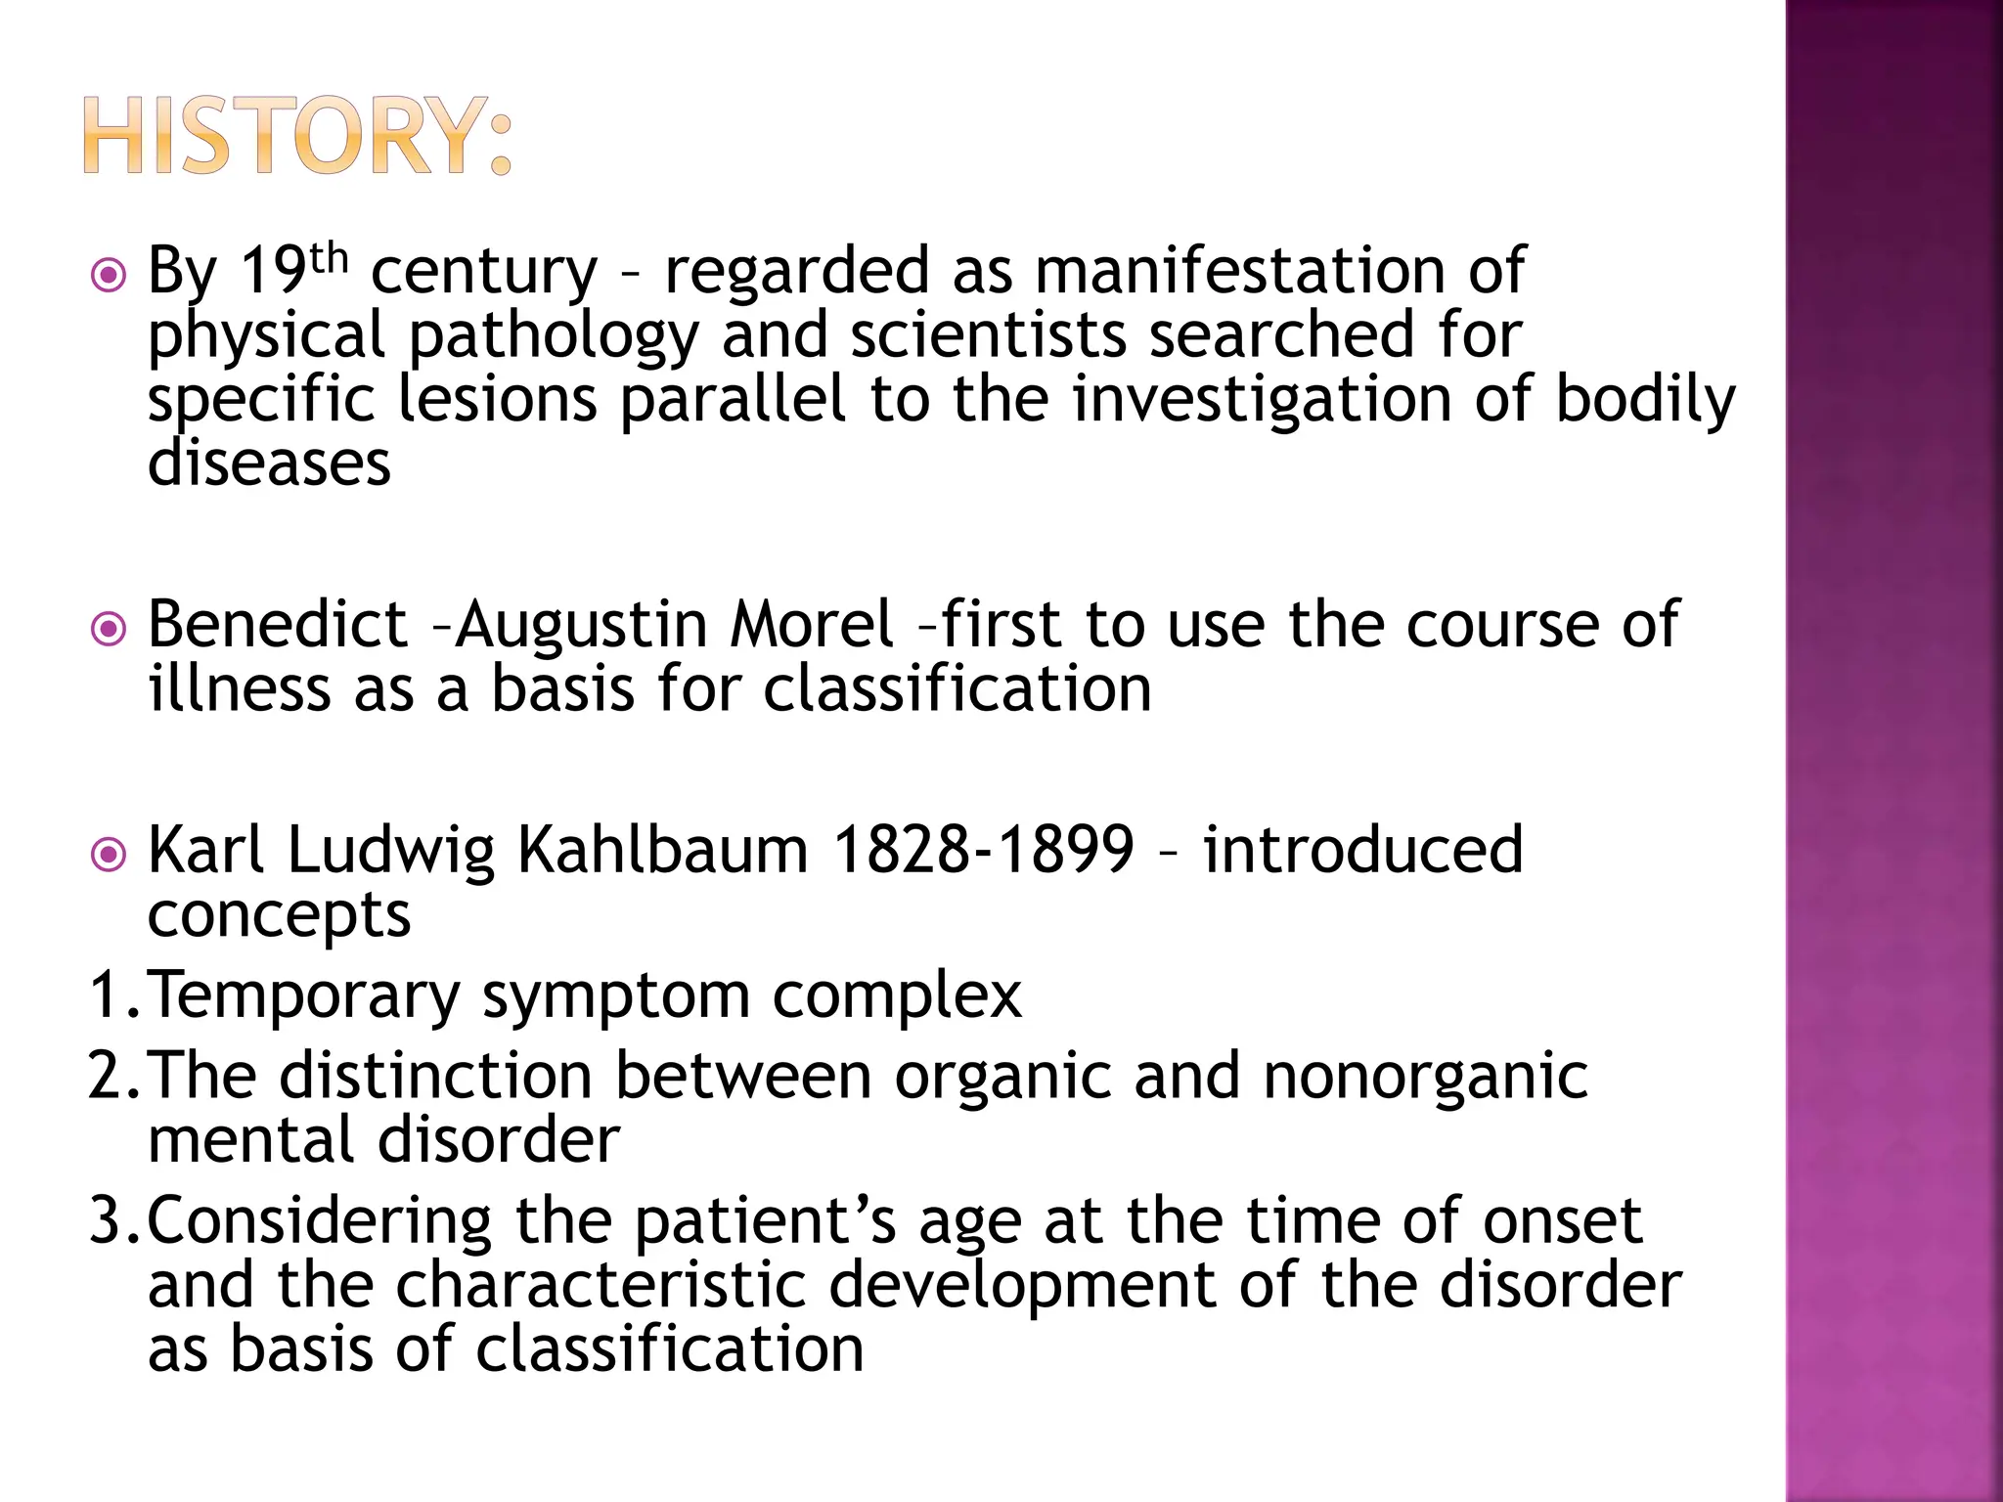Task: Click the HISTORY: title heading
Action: [x=297, y=136]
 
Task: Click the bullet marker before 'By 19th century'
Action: [x=108, y=275]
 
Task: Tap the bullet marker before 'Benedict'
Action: [x=108, y=629]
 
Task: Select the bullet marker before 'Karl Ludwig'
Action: [x=108, y=855]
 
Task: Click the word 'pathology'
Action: [x=554, y=335]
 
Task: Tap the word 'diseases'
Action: [x=269, y=463]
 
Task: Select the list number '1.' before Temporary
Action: [x=114, y=994]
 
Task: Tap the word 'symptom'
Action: [x=615, y=996]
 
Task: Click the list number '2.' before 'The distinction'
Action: [x=114, y=1076]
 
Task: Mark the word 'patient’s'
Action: [x=764, y=1221]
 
